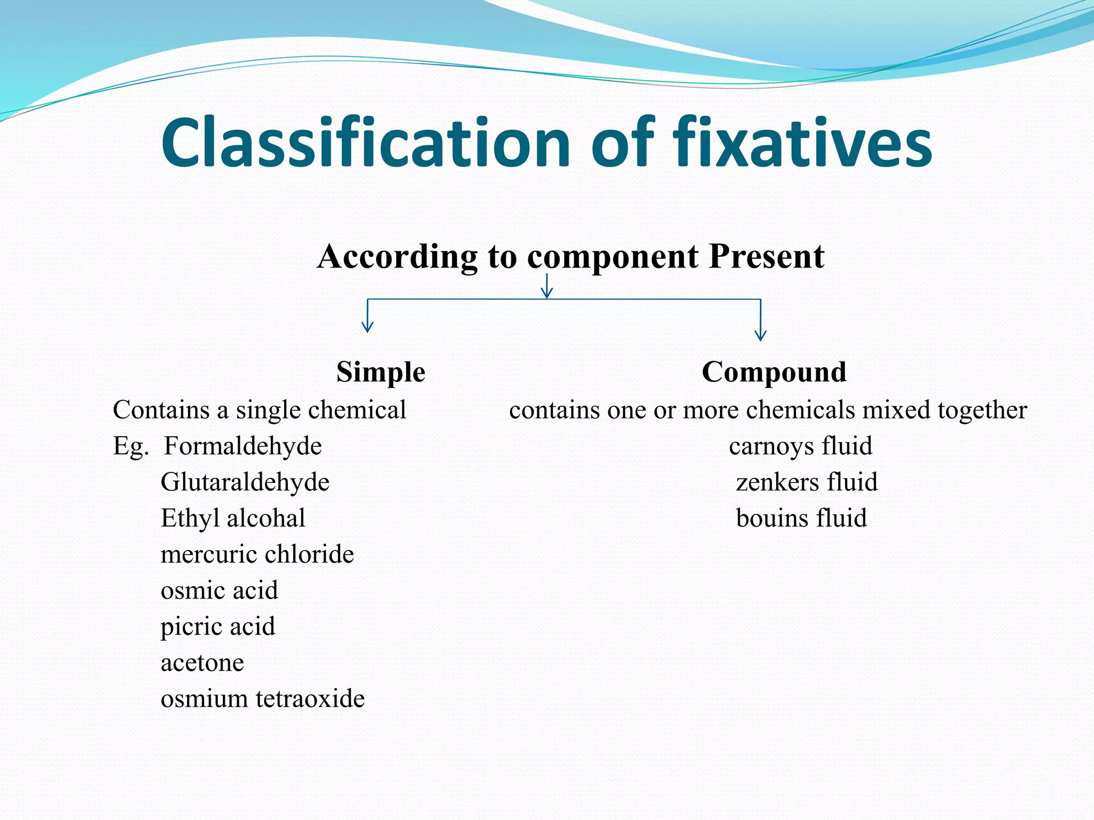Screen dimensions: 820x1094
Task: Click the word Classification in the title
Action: point(366,143)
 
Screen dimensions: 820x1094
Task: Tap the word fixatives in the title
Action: point(802,143)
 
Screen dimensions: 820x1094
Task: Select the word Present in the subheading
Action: point(766,256)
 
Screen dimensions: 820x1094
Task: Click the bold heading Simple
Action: point(380,372)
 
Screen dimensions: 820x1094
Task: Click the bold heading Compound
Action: point(774,372)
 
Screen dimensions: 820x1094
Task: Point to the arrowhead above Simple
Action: point(367,327)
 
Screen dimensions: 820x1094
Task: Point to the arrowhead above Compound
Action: point(760,335)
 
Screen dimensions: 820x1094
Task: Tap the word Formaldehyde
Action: point(243,446)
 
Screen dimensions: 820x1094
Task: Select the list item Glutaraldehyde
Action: point(245,482)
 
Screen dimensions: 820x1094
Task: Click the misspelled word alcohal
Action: point(266,518)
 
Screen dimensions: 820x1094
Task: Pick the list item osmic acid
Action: point(219,590)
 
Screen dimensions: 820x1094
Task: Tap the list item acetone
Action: point(202,663)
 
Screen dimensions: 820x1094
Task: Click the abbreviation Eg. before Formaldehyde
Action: point(130,446)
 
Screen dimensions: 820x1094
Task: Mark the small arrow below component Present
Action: point(546,288)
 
